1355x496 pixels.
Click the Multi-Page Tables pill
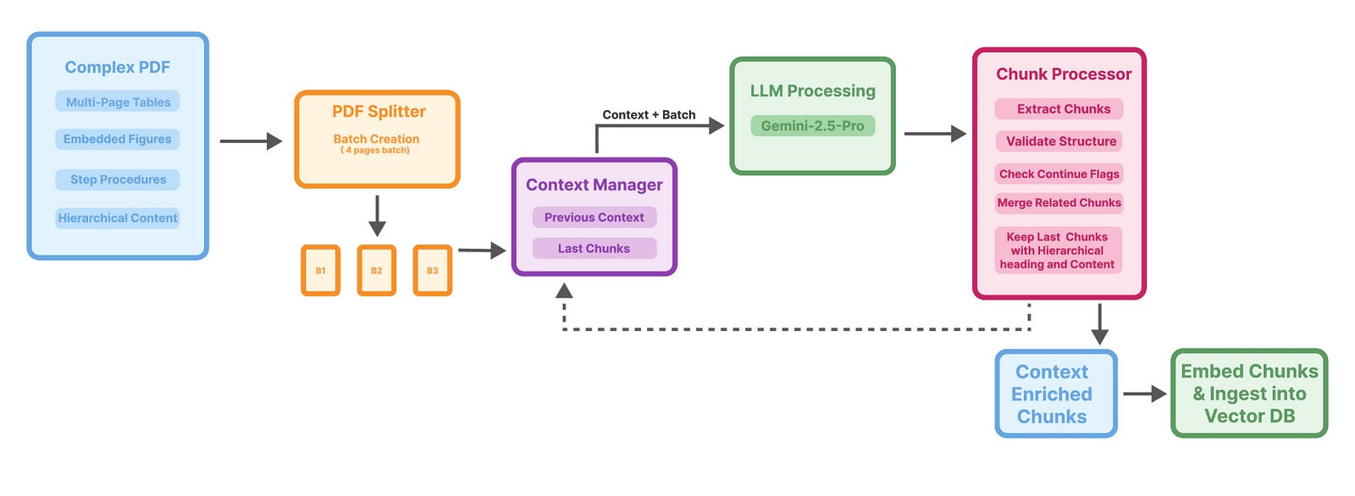(118, 102)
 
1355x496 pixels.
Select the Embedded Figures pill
(118, 139)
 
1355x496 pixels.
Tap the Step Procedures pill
(118, 179)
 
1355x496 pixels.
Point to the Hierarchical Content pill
(118, 218)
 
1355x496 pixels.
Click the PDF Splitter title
(379, 112)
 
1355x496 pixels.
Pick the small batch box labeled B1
(320, 271)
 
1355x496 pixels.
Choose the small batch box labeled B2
(376, 271)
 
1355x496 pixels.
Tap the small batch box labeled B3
(432, 271)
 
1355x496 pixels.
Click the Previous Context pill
(594, 218)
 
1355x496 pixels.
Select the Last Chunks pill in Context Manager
(594, 249)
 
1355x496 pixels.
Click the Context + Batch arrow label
(649, 115)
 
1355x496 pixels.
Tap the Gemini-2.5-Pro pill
(812, 126)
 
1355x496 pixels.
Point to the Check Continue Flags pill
(1059, 174)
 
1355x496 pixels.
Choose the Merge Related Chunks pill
(1059, 203)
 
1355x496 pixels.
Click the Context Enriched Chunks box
(1055, 394)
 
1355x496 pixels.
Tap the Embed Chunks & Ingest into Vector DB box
(1249, 394)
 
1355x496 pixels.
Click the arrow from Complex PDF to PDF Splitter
(250, 141)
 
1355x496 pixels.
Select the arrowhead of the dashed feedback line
(564, 291)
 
